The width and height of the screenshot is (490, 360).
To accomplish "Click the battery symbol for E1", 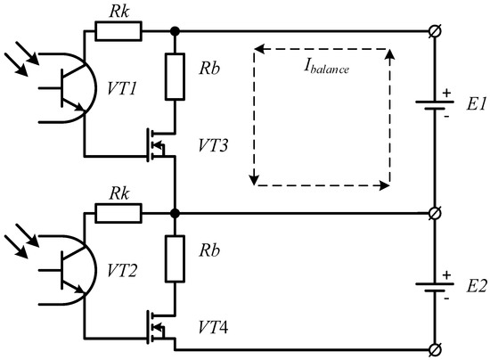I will point(433,108).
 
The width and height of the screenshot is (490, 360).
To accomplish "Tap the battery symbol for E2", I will point(433,287).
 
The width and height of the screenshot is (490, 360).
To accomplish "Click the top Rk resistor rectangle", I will point(118,31).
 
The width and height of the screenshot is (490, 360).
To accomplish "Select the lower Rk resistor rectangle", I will point(118,214).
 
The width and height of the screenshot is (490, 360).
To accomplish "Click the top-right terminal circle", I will point(433,32).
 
